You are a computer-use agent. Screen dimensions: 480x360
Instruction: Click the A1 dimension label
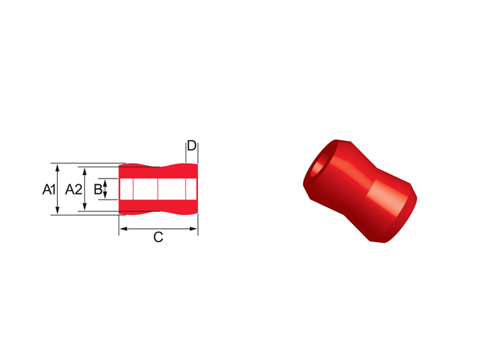pyautogui.click(x=49, y=189)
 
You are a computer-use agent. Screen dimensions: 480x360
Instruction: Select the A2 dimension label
pyautogui.click(x=74, y=190)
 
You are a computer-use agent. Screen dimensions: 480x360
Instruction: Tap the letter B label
pyautogui.click(x=98, y=189)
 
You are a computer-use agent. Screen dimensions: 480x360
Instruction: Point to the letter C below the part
pyautogui.click(x=158, y=237)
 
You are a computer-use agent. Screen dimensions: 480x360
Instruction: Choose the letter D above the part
pyautogui.click(x=192, y=146)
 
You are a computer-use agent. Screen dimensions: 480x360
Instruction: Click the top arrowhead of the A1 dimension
pyautogui.click(x=57, y=167)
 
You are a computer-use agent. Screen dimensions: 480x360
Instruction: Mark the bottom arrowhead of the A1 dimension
pyautogui.click(x=57, y=211)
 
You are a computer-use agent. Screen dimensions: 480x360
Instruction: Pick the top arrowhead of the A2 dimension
pyautogui.click(x=85, y=171)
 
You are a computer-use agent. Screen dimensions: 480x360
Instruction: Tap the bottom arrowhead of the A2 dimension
pyautogui.click(x=85, y=207)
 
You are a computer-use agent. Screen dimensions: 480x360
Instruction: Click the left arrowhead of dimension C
pyautogui.click(x=123, y=229)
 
